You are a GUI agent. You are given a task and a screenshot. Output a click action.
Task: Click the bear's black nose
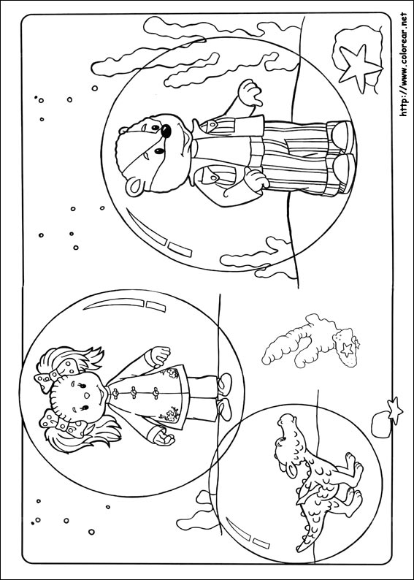click(166, 131)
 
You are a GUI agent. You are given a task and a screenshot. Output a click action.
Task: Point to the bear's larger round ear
click(134, 188)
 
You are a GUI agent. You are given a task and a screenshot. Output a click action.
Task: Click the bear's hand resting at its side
click(256, 179)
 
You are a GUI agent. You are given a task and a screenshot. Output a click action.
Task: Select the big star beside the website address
click(358, 69)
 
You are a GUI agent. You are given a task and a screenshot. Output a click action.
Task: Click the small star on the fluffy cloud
click(346, 349)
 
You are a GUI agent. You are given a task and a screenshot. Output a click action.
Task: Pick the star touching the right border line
click(394, 411)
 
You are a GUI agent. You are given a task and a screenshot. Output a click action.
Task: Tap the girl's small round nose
click(86, 395)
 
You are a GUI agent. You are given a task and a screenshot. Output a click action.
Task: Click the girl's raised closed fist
click(160, 355)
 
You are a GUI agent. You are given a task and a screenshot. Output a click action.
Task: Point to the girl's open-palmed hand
click(163, 438)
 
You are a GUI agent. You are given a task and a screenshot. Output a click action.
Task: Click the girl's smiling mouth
click(100, 394)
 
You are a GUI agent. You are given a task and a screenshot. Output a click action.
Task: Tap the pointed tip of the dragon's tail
click(298, 549)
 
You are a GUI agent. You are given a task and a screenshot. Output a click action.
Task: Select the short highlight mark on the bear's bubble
click(180, 250)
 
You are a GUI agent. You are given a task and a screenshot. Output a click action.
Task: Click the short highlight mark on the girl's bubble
click(156, 307)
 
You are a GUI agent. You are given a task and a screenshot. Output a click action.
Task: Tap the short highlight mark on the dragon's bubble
click(261, 543)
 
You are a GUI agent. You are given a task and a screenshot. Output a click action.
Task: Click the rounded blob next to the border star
click(381, 425)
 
